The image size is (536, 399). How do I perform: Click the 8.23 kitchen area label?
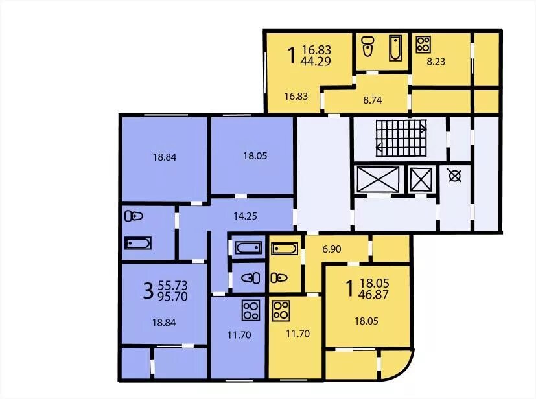[436, 62]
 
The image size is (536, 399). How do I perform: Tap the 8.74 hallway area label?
[372, 100]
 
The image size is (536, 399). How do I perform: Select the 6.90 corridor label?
[332, 249]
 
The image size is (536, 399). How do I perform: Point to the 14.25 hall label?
[245, 216]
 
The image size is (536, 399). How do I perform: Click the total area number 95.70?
[172, 297]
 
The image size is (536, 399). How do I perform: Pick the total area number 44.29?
[316, 62]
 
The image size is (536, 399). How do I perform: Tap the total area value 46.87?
[375, 295]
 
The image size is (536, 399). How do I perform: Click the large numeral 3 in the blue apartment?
[148, 291]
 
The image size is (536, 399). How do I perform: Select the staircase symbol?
[401, 138]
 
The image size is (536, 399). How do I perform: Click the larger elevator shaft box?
[378, 179]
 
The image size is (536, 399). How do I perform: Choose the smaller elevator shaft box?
[421, 179]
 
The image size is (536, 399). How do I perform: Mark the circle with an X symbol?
[455, 176]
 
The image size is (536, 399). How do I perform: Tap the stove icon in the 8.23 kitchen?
[423, 45]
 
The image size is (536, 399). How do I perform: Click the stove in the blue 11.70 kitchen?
[251, 310]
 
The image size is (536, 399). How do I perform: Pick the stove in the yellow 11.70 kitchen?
[281, 311]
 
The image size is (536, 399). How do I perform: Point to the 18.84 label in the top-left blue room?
[165, 157]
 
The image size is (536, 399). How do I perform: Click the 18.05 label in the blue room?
[255, 156]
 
